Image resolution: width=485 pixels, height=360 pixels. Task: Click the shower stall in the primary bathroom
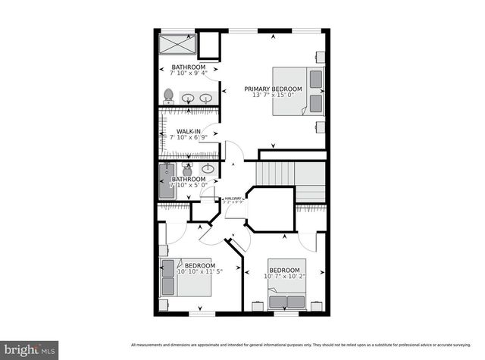point(177,45)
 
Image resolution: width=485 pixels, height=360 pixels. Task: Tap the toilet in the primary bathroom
point(169,96)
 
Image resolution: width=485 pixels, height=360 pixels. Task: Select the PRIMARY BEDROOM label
point(273,89)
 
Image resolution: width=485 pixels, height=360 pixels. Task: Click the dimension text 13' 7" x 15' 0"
point(273,95)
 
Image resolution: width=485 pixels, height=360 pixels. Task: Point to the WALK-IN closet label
point(188,132)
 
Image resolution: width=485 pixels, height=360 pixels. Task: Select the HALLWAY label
point(233,199)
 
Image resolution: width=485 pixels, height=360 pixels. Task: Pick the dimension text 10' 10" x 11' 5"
point(199,271)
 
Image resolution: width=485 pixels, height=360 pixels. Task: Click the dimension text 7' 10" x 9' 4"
point(188,74)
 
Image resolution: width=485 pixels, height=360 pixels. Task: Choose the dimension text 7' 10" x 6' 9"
point(188,138)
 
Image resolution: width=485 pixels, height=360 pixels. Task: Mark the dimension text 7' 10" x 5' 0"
point(188,186)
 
